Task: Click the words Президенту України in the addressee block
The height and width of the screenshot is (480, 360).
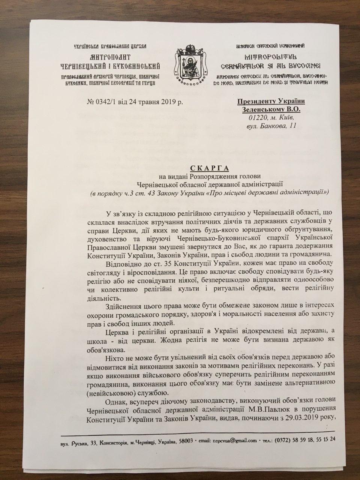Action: pyautogui.click(x=271, y=101)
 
